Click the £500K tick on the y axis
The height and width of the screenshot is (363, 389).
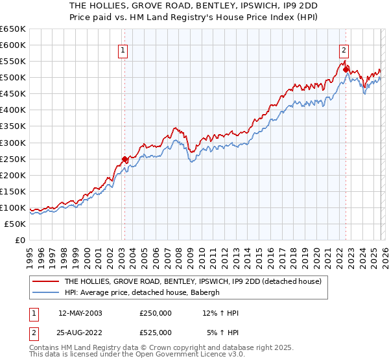13,78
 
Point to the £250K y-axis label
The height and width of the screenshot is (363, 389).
13,159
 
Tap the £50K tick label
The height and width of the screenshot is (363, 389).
15,224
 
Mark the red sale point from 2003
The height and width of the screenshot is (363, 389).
124,159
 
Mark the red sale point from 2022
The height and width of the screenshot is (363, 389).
346,69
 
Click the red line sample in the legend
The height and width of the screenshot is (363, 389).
47,282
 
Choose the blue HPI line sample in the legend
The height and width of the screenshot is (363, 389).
47,292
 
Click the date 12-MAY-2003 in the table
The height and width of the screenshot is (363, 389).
80,313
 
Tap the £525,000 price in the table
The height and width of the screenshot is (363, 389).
156,333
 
